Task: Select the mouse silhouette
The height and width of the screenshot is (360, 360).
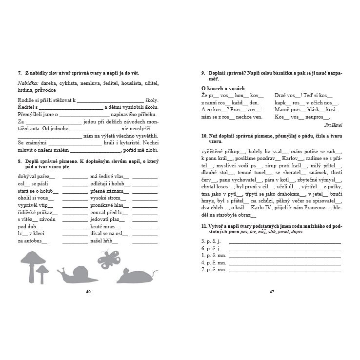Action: point(137,276)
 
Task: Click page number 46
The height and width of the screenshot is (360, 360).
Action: point(88,292)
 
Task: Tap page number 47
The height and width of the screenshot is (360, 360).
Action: point(272,292)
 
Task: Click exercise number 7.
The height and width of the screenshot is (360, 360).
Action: point(20,73)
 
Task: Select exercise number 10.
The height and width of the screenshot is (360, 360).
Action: point(204,135)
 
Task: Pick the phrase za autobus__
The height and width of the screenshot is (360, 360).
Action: point(33,240)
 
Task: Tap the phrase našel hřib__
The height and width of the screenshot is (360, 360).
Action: point(104,240)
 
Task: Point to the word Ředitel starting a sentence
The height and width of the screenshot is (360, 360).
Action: point(26,107)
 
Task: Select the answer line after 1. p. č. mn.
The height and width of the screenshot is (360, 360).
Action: point(285,255)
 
